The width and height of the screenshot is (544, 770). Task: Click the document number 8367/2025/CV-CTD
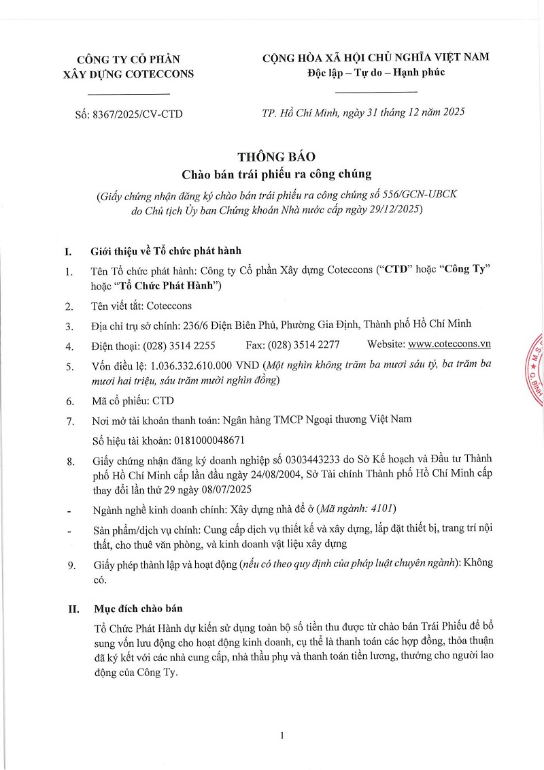[x=139, y=114]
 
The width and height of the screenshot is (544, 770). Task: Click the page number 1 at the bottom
[x=281, y=735]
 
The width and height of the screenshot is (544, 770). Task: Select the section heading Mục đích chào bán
[x=136, y=608]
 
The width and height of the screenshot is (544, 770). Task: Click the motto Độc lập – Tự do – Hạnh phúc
[x=375, y=72]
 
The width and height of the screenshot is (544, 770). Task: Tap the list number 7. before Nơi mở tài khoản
[x=69, y=420]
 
